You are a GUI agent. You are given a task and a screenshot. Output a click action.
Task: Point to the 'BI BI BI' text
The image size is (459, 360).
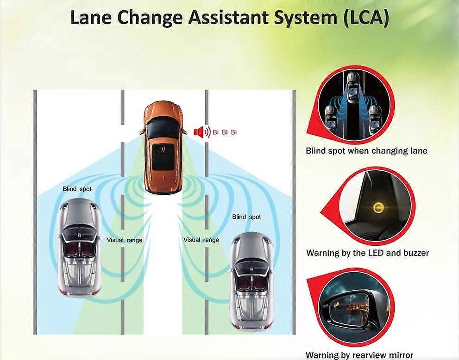pos(225,132)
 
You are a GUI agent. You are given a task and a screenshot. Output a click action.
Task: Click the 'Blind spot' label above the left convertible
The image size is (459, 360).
pos(77,189)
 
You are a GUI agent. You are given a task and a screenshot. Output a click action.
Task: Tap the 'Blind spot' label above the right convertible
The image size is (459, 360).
pos(246,217)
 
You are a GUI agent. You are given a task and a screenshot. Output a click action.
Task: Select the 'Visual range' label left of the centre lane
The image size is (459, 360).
pos(125,240)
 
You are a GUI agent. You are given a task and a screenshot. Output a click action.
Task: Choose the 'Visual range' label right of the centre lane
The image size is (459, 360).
pos(201,240)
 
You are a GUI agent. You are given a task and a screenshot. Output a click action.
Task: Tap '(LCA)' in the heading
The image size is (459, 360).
pos(363,18)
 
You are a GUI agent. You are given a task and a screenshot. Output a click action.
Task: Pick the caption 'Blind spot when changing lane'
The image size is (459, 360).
pos(366,150)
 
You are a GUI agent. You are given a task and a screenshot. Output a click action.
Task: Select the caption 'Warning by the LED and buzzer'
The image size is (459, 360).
pos(367,253)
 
